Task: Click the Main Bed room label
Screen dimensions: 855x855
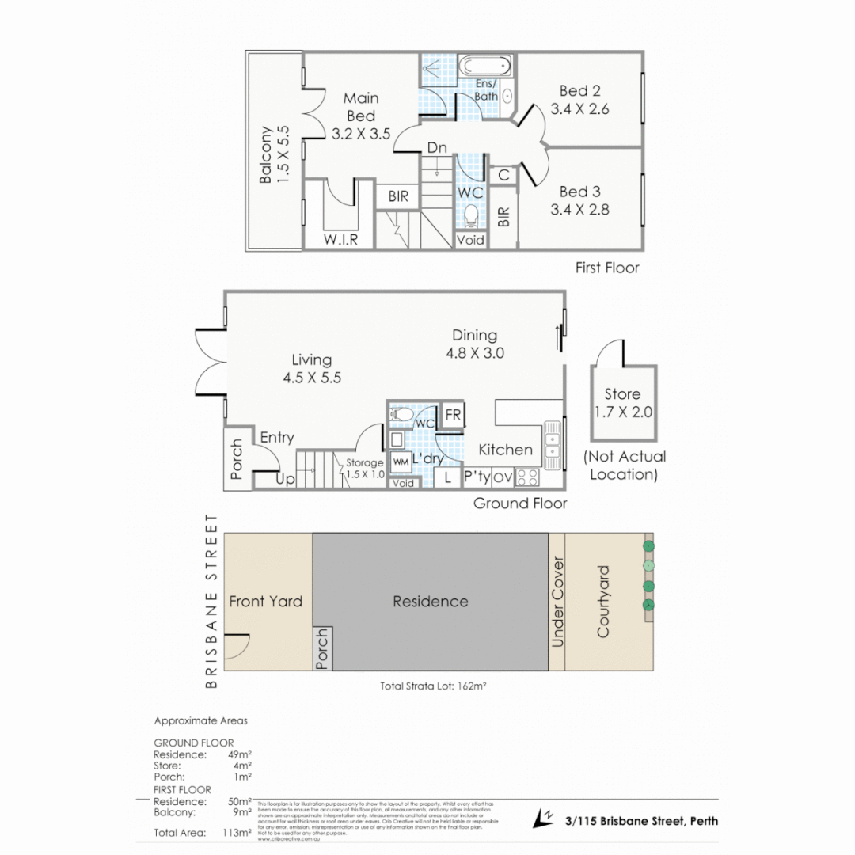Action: tap(361, 107)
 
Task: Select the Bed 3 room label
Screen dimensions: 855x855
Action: tap(579, 192)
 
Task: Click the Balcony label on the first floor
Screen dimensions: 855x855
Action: tap(267, 154)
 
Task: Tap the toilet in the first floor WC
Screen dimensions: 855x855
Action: tap(470, 215)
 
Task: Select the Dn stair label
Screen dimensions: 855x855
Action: tap(437, 148)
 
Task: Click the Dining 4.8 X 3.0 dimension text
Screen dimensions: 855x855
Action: tap(474, 353)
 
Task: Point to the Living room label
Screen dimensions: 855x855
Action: tap(311, 360)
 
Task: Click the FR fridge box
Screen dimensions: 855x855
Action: tap(453, 415)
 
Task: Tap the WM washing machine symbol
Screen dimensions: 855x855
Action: tap(401, 461)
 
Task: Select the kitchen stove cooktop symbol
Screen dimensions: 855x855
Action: tap(528, 477)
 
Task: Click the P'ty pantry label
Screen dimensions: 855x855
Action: tap(477, 477)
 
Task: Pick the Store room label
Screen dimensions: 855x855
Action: tap(622, 394)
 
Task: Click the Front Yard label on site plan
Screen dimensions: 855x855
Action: tap(265, 602)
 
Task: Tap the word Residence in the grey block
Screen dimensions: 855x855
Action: tap(430, 602)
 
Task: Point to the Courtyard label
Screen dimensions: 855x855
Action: tap(604, 602)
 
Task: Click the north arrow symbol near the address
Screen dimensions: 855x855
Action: tap(545, 819)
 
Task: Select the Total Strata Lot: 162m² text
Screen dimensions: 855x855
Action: tap(432, 686)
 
